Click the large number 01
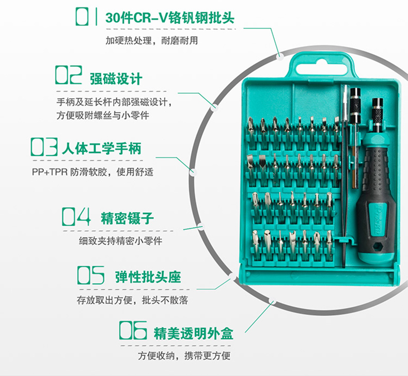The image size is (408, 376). click(x=86, y=17)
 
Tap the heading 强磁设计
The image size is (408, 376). click(x=116, y=79)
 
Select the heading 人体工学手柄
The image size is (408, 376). click(x=101, y=149)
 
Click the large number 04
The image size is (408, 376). click(x=76, y=216)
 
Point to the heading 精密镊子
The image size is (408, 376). click(x=127, y=218)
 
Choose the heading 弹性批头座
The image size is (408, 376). click(x=148, y=277)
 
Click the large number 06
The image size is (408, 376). click(x=133, y=330)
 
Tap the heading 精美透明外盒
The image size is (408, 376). click(x=193, y=333)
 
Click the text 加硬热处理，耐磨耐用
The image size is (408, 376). click(x=152, y=41)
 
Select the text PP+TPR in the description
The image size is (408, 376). click(x=50, y=172)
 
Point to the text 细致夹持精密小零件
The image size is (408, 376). click(x=120, y=241)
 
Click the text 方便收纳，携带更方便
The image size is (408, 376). click(x=184, y=355)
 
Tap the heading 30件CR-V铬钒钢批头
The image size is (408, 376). click(x=170, y=18)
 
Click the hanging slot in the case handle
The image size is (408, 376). click(x=322, y=67)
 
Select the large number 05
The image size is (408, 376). click(x=91, y=275)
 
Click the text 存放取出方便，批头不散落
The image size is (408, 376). click(x=132, y=300)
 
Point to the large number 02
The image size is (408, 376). click(x=69, y=75)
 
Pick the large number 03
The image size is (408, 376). click(x=44, y=147)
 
